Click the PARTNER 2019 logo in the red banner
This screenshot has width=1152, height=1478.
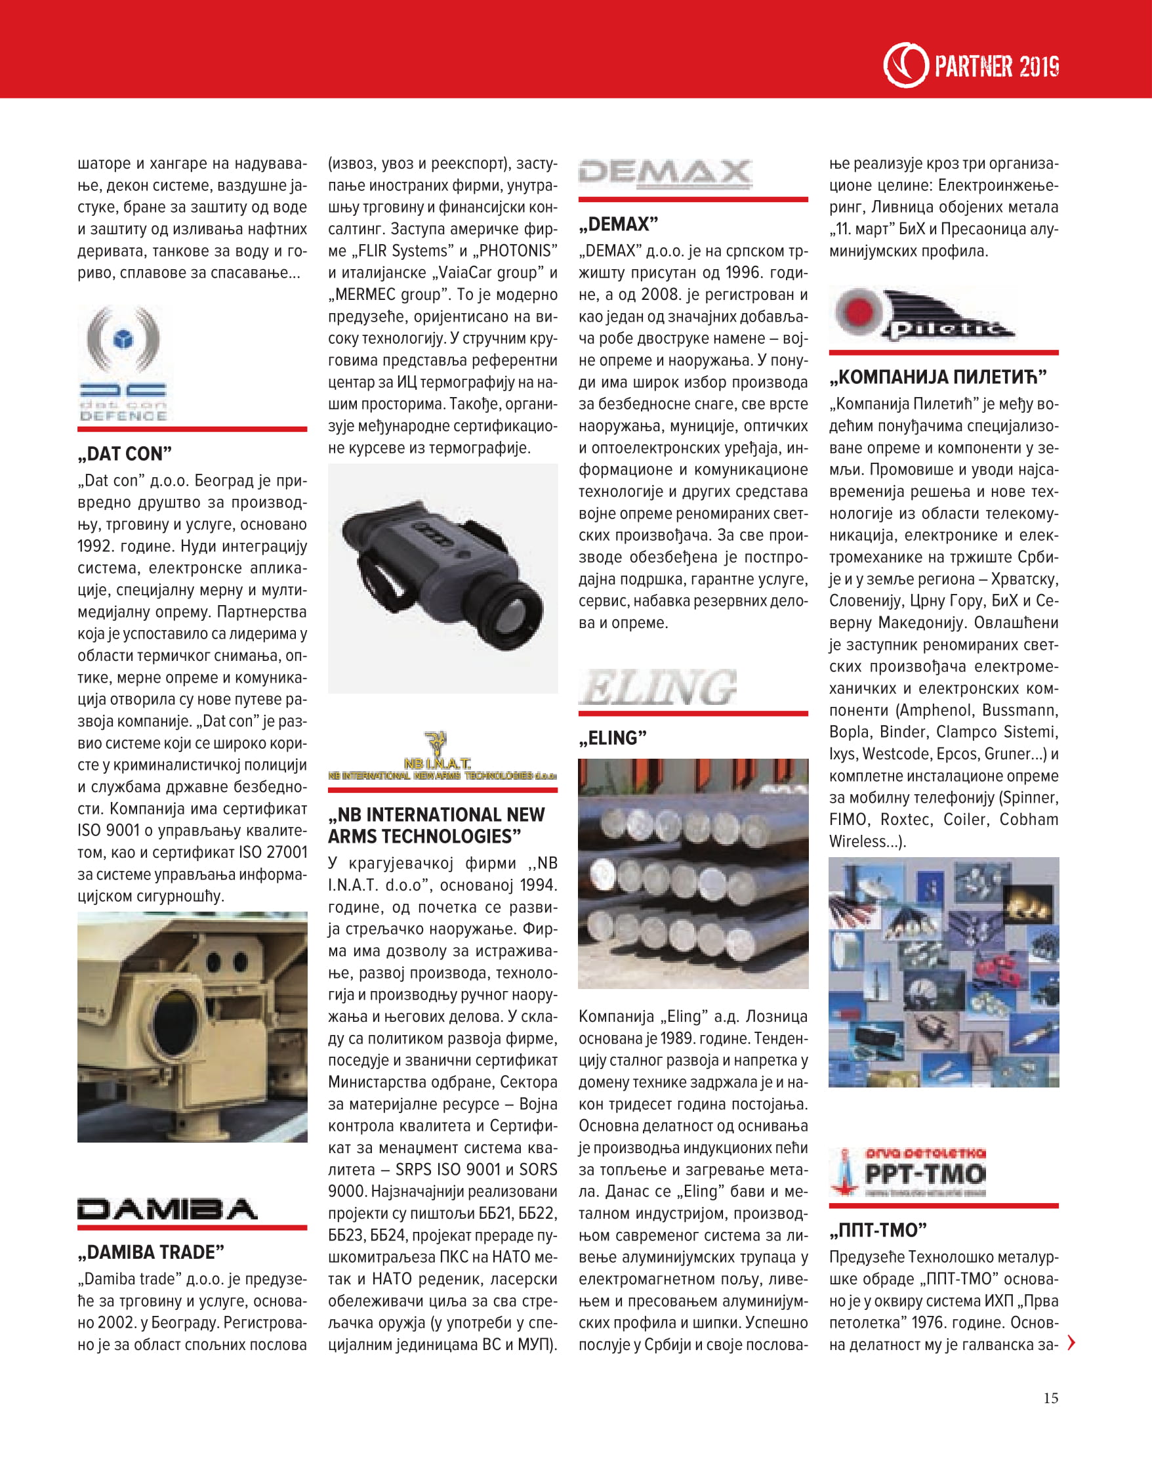[x=971, y=66]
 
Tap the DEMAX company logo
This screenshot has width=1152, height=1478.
[x=665, y=173]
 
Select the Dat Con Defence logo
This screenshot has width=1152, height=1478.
[x=123, y=364]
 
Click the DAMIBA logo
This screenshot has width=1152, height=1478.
[x=167, y=1209]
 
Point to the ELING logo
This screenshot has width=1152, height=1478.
[x=657, y=687]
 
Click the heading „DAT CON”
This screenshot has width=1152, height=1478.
[x=125, y=454]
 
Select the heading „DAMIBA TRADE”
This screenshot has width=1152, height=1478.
[x=151, y=1252]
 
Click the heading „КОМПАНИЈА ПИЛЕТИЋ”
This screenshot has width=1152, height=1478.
[x=937, y=377]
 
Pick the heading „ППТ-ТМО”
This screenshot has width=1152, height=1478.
[x=878, y=1230]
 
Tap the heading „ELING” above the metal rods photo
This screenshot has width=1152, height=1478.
[x=612, y=738]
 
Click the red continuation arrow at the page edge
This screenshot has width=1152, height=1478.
[x=1071, y=1343]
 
